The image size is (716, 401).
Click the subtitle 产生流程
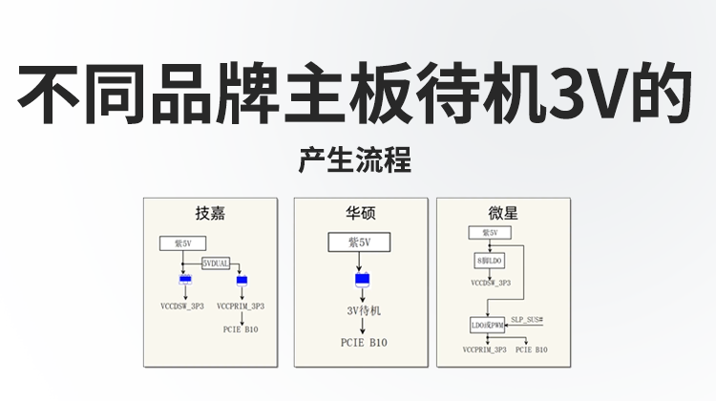[354, 160]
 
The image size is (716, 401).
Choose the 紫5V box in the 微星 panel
[490, 233]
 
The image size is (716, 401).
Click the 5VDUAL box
[217, 263]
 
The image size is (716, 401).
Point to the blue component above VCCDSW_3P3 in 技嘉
[184, 279]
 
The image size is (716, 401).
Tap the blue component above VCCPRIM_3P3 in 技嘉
[242, 280]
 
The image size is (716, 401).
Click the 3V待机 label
[363, 311]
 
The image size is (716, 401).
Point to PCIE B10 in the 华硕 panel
[363, 342]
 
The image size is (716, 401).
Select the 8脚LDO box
[490, 260]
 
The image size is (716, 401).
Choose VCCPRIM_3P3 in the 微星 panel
[484, 349]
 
